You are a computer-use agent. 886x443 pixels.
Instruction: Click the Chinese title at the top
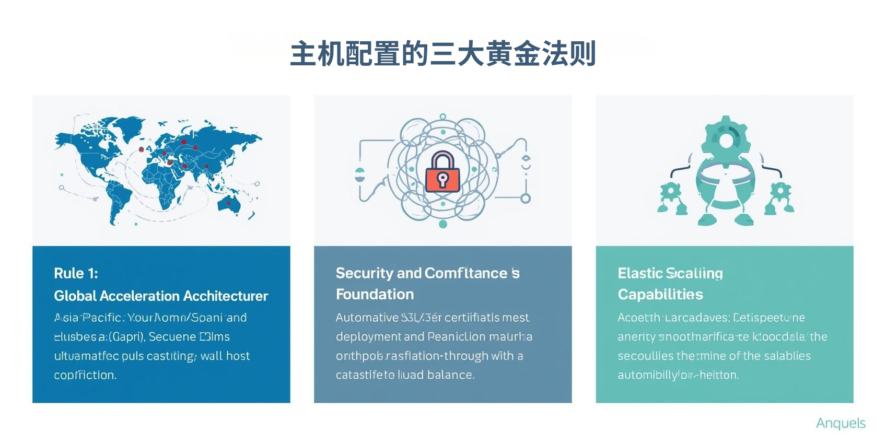coord(443,54)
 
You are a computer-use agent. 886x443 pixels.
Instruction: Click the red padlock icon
coord(442,173)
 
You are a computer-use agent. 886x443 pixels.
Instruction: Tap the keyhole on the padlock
coord(442,179)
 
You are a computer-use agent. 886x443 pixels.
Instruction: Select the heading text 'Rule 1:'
coord(76,273)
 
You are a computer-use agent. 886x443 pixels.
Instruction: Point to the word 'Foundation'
coord(375,295)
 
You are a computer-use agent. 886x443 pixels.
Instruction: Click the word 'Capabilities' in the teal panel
coord(660,295)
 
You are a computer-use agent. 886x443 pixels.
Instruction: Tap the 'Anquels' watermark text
coord(841,423)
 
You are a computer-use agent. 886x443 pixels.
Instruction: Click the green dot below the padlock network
coord(443,224)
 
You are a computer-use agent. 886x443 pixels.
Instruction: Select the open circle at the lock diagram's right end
coord(526,199)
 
